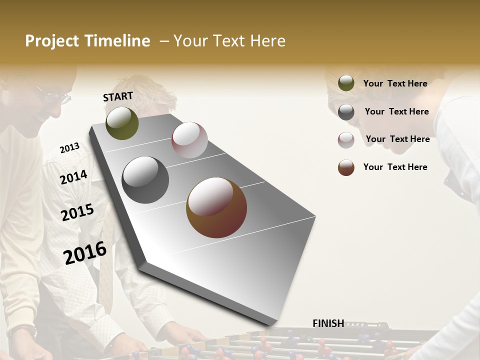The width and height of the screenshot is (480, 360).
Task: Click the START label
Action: point(118,96)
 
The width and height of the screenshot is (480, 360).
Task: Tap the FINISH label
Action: point(328,323)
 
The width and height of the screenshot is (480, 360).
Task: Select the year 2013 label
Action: point(69,148)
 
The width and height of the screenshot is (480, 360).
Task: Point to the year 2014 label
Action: point(73,177)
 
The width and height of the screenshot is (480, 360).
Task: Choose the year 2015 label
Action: point(77,212)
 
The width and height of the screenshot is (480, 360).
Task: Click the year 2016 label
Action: point(85,252)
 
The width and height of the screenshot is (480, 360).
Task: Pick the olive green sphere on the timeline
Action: point(122,123)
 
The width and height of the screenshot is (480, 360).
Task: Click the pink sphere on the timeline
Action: point(189,140)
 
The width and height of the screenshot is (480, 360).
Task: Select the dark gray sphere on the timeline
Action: point(145,180)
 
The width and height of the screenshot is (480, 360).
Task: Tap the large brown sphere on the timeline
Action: point(216,207)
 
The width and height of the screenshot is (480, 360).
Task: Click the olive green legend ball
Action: point(346,83)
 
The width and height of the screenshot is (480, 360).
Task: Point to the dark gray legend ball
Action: point(346,111)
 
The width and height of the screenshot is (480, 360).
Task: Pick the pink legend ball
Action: point(346,139)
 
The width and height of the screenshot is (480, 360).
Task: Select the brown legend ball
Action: point(346,167)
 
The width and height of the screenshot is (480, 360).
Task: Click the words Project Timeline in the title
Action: point(87,41)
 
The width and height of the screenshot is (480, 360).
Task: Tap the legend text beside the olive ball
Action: point(395,83)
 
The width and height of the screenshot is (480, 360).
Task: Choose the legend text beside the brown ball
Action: point(395,167)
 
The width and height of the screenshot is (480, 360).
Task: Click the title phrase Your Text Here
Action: point(229,41)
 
